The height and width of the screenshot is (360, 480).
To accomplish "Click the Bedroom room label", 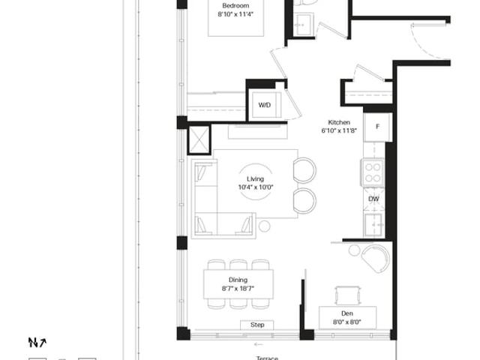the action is coord(235,5).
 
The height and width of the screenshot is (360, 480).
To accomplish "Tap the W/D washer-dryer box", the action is coord(265,105).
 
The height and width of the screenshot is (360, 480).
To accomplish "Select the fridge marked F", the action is coord(377,127).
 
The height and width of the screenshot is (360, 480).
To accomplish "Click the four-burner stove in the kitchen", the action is coord(373,172).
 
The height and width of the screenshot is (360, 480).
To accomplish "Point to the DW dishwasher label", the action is coord(373,199).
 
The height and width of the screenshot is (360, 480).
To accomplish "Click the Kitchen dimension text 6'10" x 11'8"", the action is coord(339,130).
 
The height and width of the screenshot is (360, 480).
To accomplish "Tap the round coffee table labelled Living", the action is coord(255,181).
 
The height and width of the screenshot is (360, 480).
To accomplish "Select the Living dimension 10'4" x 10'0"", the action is coord(255,187).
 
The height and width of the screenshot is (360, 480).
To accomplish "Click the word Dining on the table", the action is coord(238,280).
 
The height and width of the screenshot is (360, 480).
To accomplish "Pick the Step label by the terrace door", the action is coord(257,325).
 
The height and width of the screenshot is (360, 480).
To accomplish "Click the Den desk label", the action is coord(347,313).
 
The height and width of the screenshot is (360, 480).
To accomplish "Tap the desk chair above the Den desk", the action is coord(347,295).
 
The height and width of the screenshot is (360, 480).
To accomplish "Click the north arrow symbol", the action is coord(37,342).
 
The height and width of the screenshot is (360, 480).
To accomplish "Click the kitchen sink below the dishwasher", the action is coord(373,224).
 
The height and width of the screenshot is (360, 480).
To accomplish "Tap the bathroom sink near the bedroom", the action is coord(304,25).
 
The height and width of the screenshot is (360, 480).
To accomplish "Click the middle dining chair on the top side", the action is coord(238,265).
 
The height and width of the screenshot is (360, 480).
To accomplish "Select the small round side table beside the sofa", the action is coord(264,226).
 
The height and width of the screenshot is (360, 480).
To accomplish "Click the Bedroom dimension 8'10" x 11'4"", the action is coord(235,14).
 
